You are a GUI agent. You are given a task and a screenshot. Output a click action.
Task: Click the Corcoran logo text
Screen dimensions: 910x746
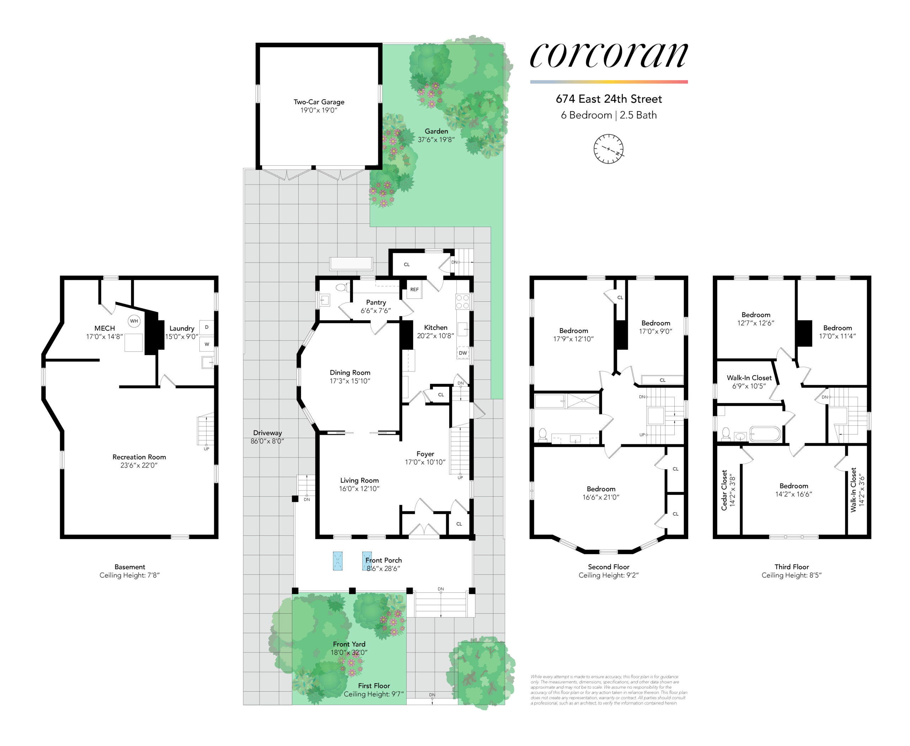pos(609,56)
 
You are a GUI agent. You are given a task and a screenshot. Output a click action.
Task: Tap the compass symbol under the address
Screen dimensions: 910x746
pos(609,149)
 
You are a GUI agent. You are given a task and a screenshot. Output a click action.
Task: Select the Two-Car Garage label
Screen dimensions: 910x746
pos(318,102)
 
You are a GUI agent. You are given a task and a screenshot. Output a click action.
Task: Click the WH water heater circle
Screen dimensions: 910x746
pos(134,321)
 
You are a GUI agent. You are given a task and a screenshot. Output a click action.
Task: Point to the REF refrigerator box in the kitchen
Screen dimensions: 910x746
pos(414,290)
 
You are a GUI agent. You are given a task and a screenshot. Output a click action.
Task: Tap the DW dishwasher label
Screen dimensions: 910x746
pos(463,353)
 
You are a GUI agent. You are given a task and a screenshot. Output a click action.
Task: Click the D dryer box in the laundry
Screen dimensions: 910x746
pos(207,327)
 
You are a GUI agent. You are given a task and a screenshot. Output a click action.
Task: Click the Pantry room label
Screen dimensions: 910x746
pos(376,302)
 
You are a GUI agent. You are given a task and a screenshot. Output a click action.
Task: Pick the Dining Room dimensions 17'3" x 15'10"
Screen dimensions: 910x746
pos(350,381)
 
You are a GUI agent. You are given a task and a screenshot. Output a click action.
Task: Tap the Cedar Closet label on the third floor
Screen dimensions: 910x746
pos(724,490)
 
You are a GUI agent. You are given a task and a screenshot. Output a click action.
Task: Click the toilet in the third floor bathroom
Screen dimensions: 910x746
pos(726,434)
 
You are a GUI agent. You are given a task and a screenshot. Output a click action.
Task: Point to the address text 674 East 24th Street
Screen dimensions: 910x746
pos(609,99)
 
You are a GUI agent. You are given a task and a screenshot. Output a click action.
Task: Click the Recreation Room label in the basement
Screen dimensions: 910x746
pos(139,457)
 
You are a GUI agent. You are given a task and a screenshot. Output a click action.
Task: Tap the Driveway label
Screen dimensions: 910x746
pos(268,433)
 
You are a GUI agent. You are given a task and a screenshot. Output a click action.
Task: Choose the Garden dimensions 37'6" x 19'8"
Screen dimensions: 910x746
pos(436,140)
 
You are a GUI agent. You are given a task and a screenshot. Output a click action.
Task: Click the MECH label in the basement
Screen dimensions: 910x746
pos(105,328)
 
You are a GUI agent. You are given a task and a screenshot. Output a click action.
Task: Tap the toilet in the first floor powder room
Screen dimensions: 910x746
pos(341,287)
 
